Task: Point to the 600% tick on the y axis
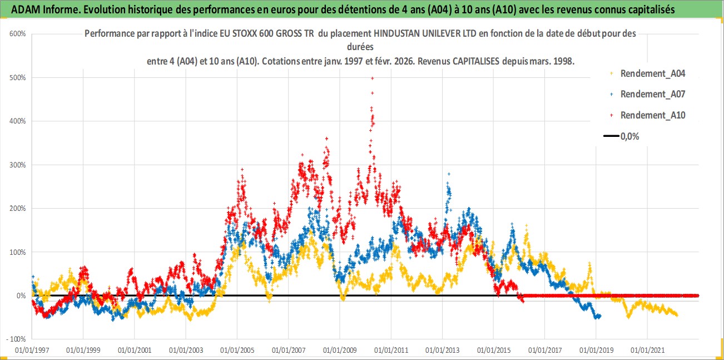(17, 34)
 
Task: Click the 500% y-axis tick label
(17, 77)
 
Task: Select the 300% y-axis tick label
(17, 165)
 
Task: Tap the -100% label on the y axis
(16, 339)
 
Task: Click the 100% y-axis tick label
(17, 252)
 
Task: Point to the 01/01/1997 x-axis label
(32, 351)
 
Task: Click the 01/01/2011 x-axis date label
(391, 351)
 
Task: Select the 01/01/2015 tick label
(493, 351)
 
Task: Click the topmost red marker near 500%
(372, 78)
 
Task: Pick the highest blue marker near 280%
(449, 174)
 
